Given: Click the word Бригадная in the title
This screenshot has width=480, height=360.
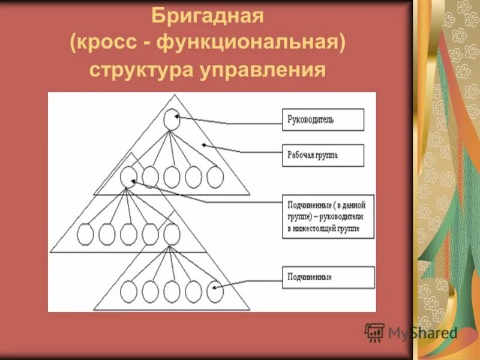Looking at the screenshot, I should click(207, 15).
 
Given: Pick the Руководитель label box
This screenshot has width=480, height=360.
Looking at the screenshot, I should click(323, 119).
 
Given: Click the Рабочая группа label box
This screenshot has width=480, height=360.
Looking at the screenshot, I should click(323, 155).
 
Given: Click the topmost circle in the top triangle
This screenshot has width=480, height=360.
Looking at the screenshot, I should click(172, 119).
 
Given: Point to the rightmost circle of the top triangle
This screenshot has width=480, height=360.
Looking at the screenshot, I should click(215, 177).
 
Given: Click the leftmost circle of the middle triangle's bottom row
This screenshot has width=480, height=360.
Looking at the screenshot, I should click(86, 234).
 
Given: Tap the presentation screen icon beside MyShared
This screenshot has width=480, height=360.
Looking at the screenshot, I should click(374, 332).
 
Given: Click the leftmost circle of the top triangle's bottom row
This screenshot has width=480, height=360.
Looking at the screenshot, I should click(128, 177).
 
